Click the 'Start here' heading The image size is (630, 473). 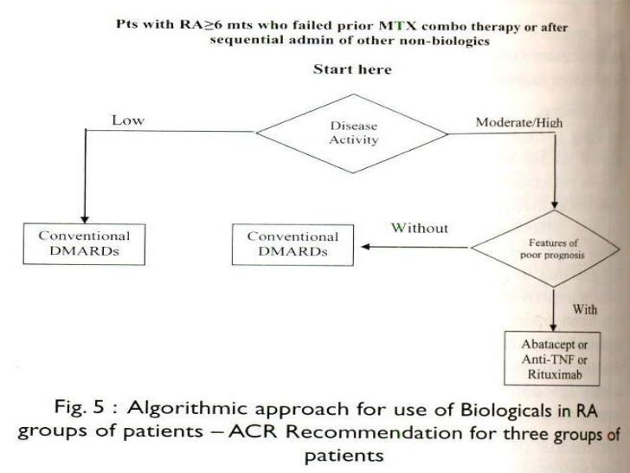point(351,69)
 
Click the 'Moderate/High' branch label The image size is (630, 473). point(519,122)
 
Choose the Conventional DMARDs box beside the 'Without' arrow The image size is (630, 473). point(293,243)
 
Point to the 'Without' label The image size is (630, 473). point(420,229)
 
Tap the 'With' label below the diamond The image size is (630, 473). point(587,309)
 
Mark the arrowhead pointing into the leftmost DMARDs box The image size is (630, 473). point(85,218)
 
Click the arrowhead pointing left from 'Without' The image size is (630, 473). point(365,247)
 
